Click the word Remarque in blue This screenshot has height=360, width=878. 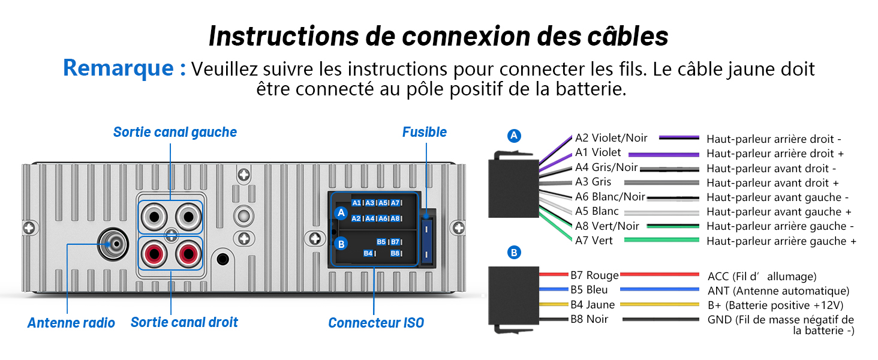(x=118, y=68)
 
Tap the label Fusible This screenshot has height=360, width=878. (x=425, y=132)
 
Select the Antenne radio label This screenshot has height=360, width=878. (x=71, y=323)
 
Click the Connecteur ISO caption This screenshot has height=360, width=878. (x=376, y=323)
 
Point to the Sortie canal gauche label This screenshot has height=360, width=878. (x=175, y=132)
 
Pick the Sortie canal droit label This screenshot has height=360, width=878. (x=184, y=322)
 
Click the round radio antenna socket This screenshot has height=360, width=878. (x=113, y=244)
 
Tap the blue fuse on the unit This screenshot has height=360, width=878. (x=426, y=241)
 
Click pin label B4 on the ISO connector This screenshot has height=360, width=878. (x=368, y=253)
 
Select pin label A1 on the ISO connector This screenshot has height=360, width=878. (x=356, y=203)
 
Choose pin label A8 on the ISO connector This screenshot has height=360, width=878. (x=395, y=218)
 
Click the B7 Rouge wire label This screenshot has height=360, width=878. (x=594, y=275)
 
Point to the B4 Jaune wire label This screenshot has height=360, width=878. (x=593, y=305)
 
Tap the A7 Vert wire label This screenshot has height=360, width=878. (x=594, y=241)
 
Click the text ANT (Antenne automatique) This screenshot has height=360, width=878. (x=778, y=291)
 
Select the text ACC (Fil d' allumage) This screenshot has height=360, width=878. (x=762, y=277)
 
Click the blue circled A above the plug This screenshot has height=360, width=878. (x=514, y=136)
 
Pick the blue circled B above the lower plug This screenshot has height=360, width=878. (x=514, y=252)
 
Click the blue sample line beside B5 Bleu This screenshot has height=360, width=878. (x=659, y=289)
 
